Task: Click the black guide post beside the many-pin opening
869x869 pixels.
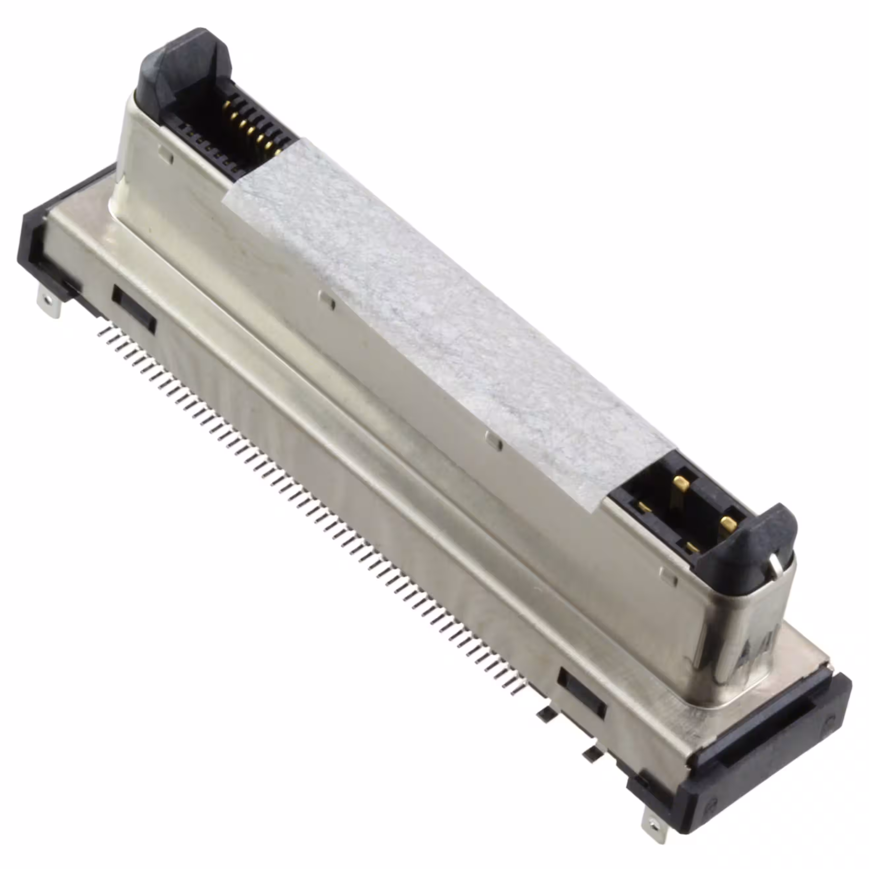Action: tap(180, 72)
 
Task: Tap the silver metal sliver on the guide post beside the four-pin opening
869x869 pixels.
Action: tap(776, 566)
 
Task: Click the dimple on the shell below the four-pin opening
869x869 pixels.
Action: tap(669, 577)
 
